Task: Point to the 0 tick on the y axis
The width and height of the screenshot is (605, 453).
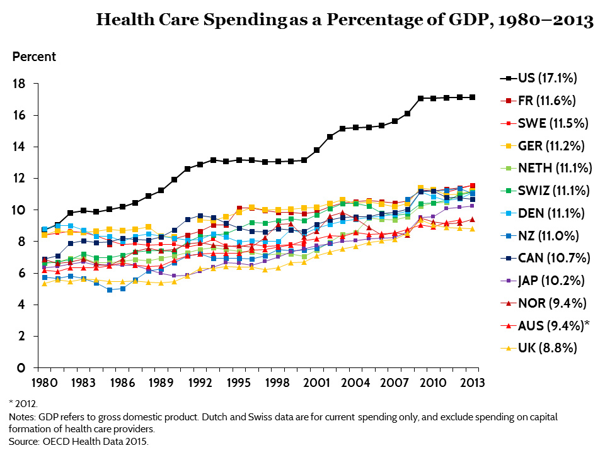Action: point(21,368)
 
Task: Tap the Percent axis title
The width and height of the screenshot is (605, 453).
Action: point(34,57)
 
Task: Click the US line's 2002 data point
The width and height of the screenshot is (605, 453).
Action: point(330,137)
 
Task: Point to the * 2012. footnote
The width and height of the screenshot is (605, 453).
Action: point(23,403)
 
